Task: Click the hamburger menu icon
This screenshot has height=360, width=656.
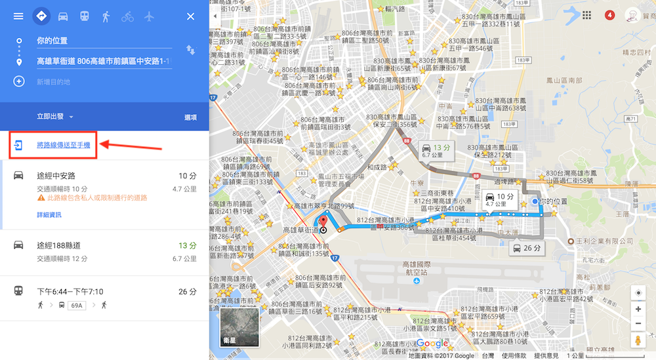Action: coord(18,16)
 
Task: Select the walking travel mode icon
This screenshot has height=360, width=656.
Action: coord(106,16)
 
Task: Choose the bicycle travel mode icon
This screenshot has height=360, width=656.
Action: coord(127,16)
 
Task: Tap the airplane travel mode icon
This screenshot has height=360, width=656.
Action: coord(149,16)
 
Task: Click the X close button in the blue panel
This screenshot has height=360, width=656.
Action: coord(191,16)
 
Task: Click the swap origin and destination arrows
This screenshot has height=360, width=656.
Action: coord(191,50)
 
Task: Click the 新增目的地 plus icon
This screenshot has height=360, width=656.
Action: coord(19,81)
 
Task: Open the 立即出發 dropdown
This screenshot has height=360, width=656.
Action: coord(55,117)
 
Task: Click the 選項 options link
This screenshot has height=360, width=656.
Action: coord(190,117)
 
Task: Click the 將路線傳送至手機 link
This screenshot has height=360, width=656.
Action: coord(63,145)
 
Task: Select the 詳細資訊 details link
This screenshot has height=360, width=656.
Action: coord(49,214)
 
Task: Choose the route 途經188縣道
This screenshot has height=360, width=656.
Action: coord(59,245)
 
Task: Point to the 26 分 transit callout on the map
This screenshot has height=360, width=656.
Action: coord(527,249)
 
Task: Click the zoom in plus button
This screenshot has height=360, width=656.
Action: coord(638,308)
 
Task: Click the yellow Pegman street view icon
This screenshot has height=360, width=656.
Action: coord(638,340)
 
